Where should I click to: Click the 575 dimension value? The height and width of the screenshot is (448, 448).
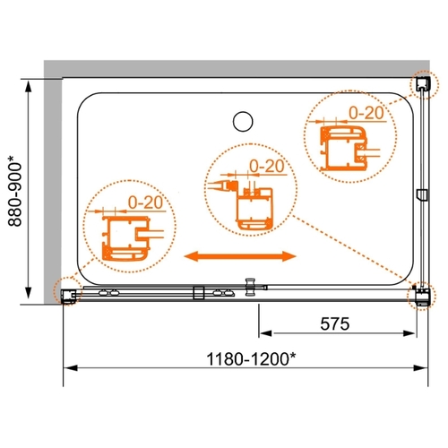[335, 324]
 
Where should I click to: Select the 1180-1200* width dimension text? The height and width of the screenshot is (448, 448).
[251, 359]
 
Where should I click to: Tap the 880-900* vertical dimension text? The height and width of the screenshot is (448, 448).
[15, 194]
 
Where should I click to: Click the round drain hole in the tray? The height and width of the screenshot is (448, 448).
[243, 121]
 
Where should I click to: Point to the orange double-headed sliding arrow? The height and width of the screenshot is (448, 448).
[240, 256]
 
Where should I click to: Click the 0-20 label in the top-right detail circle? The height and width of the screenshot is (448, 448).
[366, 113]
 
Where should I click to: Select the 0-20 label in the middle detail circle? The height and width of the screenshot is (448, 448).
[267, 166]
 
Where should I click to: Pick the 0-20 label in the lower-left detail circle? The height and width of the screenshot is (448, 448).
[145, 202]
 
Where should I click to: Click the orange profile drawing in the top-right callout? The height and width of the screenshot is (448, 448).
[343, 149]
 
